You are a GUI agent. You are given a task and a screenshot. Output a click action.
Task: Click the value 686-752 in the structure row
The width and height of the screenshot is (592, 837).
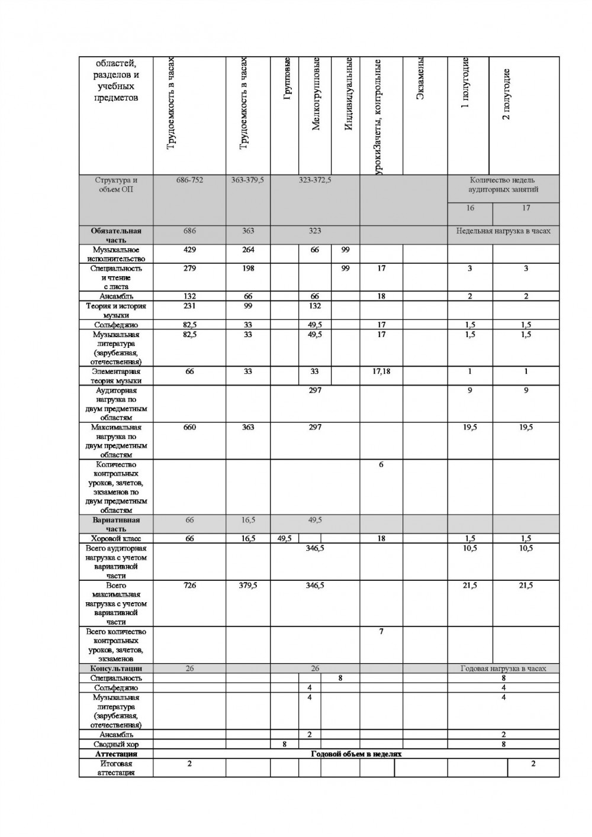point(189,180)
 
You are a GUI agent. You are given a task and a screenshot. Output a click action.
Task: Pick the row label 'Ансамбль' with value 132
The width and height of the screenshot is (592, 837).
point(116,296)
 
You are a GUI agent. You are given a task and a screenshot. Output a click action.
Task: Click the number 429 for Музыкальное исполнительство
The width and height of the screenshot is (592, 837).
point(189,250)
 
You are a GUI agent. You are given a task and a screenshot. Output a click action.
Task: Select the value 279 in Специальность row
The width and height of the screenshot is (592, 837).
point(189,269)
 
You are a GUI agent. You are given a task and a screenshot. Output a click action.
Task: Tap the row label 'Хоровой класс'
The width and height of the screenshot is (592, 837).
point(116,539)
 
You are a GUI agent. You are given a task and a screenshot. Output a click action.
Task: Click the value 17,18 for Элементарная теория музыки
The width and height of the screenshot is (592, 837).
point(381,372)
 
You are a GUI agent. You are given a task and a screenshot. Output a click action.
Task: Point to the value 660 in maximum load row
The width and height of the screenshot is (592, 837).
point(189,427)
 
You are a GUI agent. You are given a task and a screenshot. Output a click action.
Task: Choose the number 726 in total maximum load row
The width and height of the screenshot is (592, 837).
point(189,586)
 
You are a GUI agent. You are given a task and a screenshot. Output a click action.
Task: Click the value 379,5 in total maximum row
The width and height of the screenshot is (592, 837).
point(248,586)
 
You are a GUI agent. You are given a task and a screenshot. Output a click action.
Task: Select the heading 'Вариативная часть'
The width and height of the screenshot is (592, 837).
point(116,525)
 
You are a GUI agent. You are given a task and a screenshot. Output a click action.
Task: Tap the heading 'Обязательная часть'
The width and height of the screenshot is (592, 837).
point(116,235)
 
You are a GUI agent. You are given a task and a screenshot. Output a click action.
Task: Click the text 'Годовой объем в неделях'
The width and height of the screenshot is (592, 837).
point(356,754)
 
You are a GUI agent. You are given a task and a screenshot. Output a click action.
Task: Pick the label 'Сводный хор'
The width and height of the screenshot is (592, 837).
point(116,744)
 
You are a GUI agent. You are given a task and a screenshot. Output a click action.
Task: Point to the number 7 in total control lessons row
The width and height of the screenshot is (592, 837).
point(381,632)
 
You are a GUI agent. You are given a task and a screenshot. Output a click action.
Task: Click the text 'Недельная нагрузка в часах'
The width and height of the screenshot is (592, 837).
point(503,231)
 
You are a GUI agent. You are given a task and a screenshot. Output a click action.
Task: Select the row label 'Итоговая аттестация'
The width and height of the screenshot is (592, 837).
point(116,768)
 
